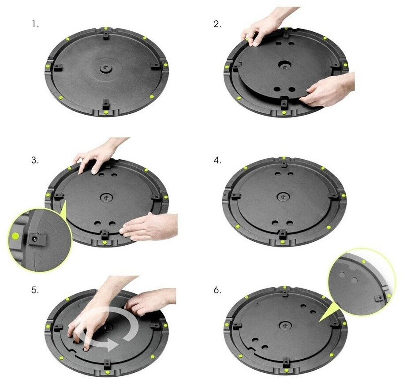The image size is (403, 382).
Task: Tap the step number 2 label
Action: click(217, 24)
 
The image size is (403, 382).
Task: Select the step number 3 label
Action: click(35, 161)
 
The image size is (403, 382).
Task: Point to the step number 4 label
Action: click(217, 161)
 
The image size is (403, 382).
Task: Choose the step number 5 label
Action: click(35, 291)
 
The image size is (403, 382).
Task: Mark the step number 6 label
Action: click(217, 291)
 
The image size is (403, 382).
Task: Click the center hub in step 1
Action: click(104, 68)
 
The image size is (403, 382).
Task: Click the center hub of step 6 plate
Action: click(285, 326)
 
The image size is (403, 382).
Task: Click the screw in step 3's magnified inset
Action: click(35, 240)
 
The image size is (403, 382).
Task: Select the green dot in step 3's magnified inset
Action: click(16, 235)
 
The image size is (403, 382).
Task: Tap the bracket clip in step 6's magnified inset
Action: click(379, 298)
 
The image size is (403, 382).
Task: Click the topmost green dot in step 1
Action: click(106, 28)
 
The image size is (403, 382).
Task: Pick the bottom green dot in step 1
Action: click(106, 112)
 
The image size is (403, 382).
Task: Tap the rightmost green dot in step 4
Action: click(343, 195)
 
